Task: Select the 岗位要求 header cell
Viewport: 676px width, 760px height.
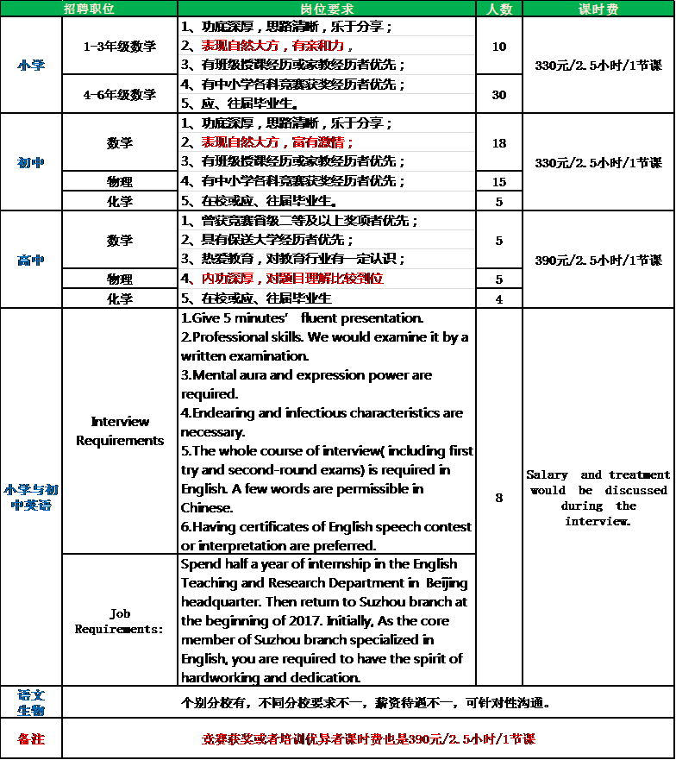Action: [x=327, y=9]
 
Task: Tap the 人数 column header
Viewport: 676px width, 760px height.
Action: [x=499, y=9]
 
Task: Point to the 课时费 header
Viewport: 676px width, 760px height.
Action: [x=598, y=9]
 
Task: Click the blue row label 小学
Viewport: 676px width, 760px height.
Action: [x=31, y=66]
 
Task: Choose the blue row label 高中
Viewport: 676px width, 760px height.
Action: [x=31, y=260]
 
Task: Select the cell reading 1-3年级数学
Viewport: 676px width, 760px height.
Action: [x=120, y=46]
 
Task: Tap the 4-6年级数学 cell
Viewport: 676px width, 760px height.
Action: [x=120, y=94]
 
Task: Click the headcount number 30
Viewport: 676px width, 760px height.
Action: [x=499, y=94]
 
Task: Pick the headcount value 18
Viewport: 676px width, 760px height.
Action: [x=499, y=142]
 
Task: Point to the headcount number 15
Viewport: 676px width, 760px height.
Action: [x=499, y=181]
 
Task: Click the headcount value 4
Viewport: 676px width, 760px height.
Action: [x=499, y=298]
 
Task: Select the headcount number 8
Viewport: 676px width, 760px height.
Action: [x=499, y=498]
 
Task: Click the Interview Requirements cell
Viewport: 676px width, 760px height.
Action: [x=120, y=430]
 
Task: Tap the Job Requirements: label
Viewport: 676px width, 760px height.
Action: [x=120, y=621]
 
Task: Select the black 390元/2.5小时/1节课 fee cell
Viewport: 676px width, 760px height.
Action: [x=598, y=260]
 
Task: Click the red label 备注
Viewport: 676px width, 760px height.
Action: [x=31, y=739]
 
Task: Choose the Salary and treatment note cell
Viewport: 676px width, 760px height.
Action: [x=598, y=498]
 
